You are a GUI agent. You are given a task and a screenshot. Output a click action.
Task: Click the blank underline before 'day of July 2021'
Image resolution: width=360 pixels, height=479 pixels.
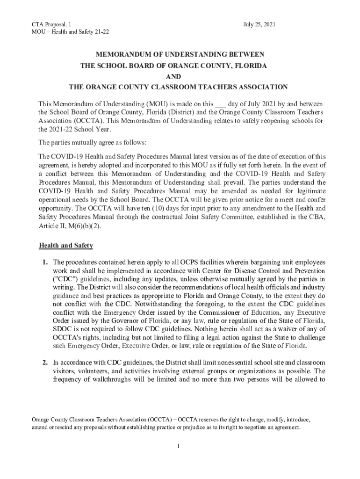tap(220, 103)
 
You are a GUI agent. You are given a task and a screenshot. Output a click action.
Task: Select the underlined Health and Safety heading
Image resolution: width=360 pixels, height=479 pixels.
tap(66, 246)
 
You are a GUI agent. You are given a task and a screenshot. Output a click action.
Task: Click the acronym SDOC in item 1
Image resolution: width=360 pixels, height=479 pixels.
tap(62, 329)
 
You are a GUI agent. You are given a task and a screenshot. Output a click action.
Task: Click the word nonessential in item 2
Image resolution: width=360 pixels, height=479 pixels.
tap(208, 362)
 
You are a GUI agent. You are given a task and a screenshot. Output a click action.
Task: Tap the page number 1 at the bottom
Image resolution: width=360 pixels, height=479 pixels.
tap(179, 446)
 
